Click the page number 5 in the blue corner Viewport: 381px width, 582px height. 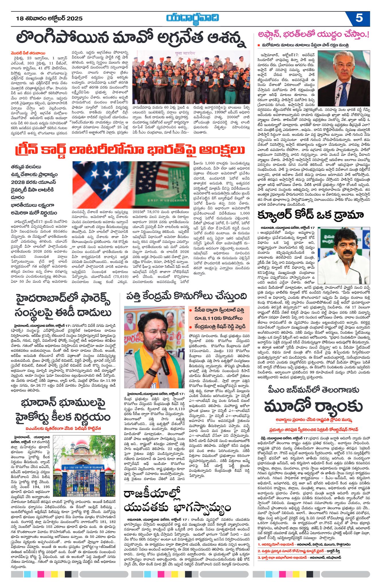point(359,18)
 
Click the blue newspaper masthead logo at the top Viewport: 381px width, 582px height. point(192,18)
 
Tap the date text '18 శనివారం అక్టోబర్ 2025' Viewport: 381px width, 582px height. point(49,19)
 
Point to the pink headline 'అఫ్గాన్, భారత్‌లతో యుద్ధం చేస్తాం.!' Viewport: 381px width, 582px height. point(314,35)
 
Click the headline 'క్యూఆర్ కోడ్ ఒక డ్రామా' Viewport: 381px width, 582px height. point(310,215)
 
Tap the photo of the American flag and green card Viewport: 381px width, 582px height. point(129,185)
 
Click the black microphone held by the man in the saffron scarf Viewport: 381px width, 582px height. point(165,365)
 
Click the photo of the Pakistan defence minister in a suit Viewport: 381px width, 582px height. point(344,78)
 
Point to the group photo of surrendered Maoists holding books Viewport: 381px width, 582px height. point(191,77)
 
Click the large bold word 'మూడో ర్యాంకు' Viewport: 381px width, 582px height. point(313,406)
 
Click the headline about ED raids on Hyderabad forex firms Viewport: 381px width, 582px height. point(63,306)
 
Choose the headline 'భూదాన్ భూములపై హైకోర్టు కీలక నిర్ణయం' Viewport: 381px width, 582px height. point(63,410)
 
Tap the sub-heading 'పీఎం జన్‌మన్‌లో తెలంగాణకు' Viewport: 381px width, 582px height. point(313,390)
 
